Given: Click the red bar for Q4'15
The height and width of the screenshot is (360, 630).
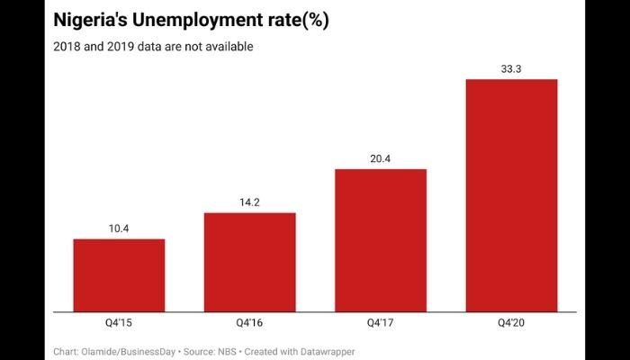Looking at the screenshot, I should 119,275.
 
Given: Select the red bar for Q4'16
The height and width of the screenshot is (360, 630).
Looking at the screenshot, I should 249,262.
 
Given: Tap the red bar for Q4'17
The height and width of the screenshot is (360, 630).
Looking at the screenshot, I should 380,240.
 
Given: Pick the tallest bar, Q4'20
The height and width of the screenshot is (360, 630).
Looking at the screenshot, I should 511,195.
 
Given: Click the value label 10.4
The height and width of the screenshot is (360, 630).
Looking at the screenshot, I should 119,229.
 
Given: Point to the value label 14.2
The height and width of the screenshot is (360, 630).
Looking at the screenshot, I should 249,202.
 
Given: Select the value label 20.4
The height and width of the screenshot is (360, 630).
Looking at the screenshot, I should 380,158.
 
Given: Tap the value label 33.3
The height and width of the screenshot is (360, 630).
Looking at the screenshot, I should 511,68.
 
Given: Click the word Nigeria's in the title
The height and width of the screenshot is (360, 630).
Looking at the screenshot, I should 95,21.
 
